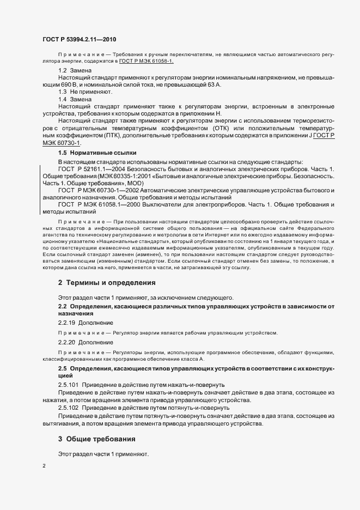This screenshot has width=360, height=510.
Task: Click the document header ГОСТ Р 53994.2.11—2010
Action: (79, 40)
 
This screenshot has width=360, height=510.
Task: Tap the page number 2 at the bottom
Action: (44, 466)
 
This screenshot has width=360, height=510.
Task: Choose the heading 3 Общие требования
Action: (97, 439)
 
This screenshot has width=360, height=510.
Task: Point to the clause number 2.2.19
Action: (68, 323)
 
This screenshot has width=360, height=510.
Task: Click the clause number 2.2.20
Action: (68, 342)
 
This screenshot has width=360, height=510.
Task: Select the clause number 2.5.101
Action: (69, 385)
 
